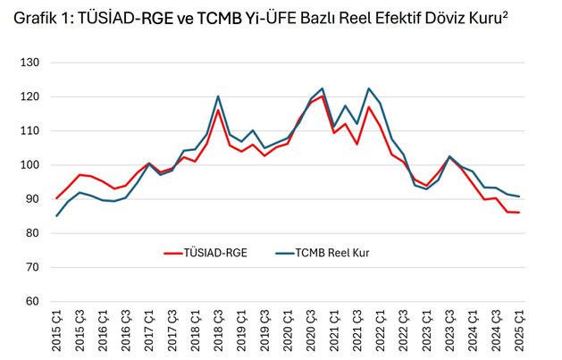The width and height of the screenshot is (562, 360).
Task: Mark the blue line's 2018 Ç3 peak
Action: coord(218,96)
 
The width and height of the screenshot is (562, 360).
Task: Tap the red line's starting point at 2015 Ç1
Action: coord(57,198)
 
